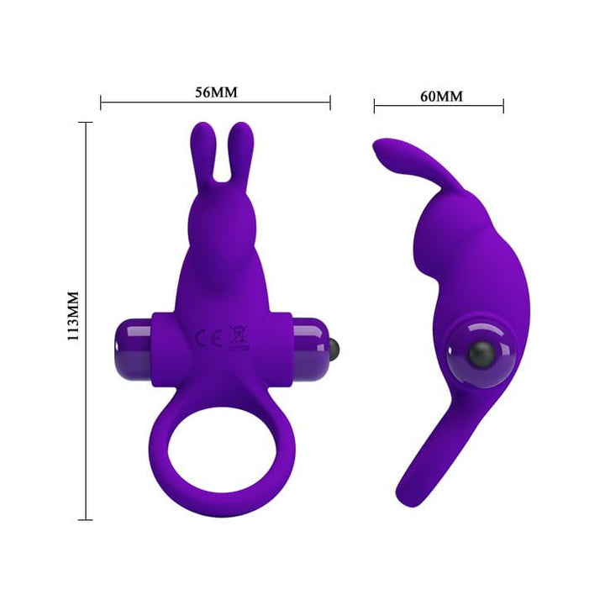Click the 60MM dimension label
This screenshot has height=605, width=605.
point(440,96)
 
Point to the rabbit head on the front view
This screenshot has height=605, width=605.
point(220,227)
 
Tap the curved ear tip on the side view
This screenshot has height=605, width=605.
point(383,151)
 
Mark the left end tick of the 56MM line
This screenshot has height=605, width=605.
point(101,103)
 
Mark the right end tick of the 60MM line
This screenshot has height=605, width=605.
point(503,106)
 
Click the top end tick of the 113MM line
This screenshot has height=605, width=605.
point(86,122)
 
